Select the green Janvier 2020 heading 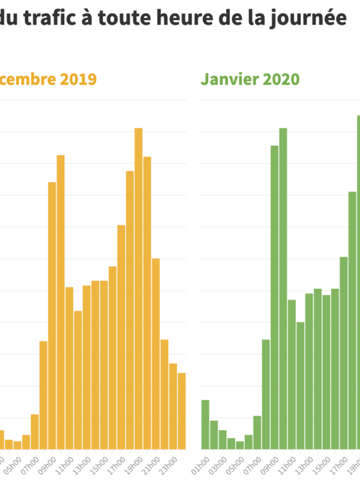coord(250,79)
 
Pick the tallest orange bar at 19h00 coord(138,288)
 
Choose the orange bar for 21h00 coord(155,353)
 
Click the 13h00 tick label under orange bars coord(83,465)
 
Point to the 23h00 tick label coord(170,465)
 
